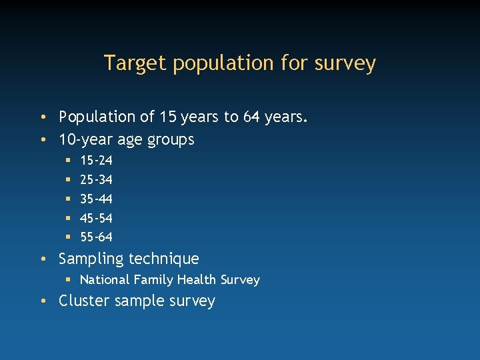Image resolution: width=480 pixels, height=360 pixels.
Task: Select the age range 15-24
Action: [x=96, y=161]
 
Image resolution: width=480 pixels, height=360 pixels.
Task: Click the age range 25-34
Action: [x=96, y=180]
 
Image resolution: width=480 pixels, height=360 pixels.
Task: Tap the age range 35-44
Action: [x=96, y=199]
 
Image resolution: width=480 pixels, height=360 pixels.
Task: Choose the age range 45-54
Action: [x=96, y=218]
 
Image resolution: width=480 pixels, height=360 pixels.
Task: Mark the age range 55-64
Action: [x=96, y=237]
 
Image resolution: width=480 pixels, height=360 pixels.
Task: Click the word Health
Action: [x=197, y=280]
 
